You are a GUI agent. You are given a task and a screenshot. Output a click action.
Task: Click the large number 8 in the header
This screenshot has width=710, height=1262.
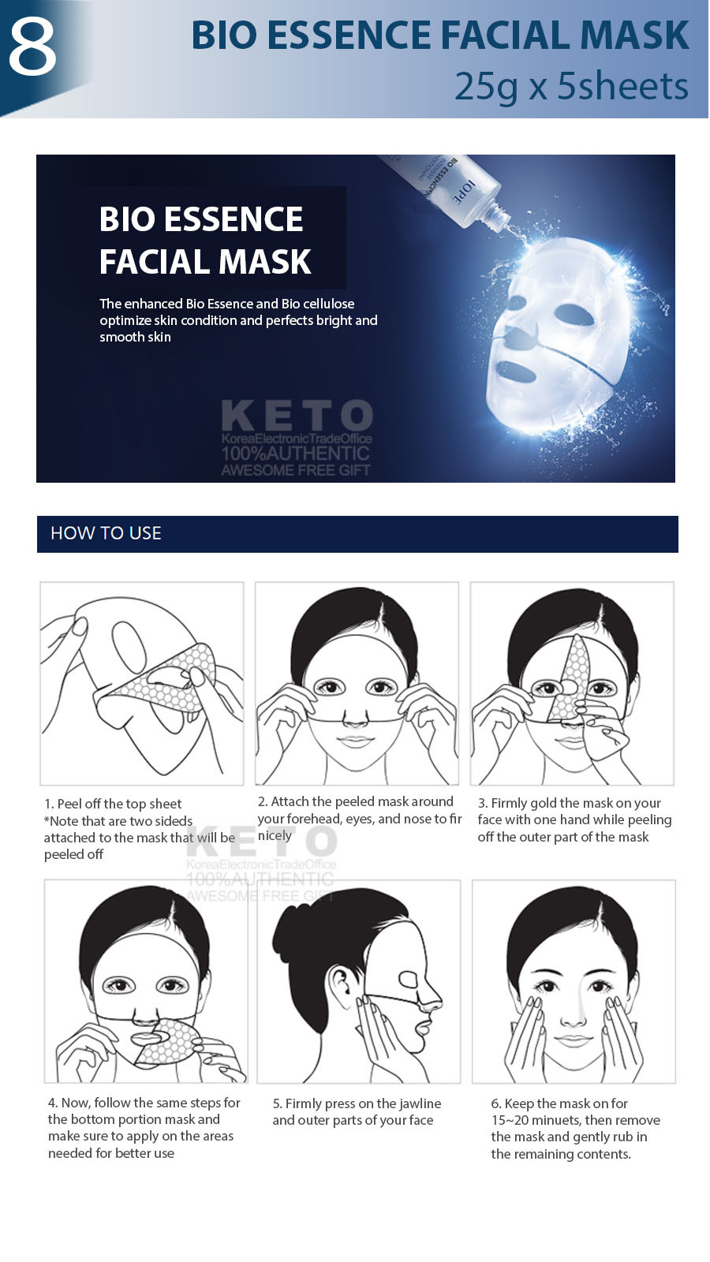pyautogui.click(x=32, y=47)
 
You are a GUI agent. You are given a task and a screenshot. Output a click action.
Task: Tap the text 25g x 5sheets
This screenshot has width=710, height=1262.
pyautogui.click(x=571, y=86)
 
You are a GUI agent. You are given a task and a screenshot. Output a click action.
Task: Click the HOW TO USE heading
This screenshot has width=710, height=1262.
pyautogui.click(x=106, y=533)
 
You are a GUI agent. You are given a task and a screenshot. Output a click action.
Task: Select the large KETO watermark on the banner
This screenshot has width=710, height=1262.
pyautogui.click(x=297, y=415)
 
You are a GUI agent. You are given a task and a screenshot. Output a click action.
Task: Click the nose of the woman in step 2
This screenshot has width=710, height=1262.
pyautogui.click(x=355, y=719)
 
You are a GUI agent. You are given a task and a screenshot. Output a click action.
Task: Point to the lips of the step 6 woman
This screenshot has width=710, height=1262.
pyautogui.click(x=573, y=1040)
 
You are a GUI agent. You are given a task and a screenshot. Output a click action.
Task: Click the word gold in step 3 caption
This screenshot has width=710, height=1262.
pyautogui.click(x=544, y=804)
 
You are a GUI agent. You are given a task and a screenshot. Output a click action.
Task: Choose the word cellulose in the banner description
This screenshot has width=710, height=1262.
pyautogui.click(x=329, y=304)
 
